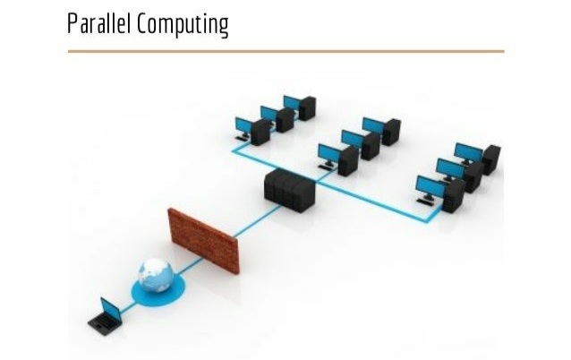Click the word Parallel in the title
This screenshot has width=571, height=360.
(x=98, y=24)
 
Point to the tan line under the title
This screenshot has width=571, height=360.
(x=285, y=51)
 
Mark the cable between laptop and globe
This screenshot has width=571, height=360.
(x=128, y=304)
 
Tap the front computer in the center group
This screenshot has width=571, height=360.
(x=338, y=159)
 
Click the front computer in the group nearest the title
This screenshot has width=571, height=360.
(x=251, y=129)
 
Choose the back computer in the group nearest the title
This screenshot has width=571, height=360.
(x=299, y=106)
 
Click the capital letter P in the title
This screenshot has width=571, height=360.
(x=72, y=24)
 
